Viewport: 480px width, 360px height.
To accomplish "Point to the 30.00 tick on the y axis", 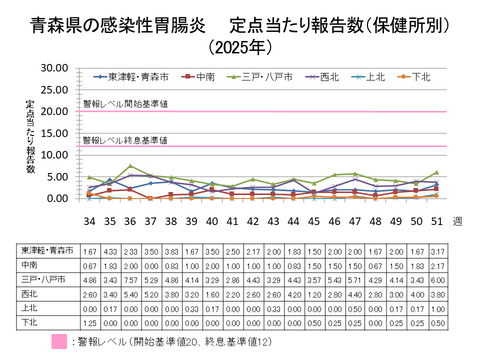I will click(51, 68).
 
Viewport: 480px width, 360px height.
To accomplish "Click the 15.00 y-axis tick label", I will click(51, 133).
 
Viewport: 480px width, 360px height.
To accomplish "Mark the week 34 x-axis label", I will click(90, 220).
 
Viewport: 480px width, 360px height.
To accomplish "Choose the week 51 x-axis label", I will click(436, 220).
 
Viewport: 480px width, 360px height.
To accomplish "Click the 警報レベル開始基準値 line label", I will click(125, 103).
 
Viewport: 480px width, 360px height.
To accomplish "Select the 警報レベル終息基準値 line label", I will click(125, 140).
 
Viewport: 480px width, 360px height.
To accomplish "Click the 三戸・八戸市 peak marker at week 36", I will click(130, 166).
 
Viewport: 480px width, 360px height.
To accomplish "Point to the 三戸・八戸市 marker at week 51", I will click(436, 172).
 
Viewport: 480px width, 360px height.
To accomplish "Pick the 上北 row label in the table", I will click(27, 310).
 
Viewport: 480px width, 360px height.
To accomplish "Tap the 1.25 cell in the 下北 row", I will click(89, 324).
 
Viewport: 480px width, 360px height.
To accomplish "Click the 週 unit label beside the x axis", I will click(458, 220).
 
